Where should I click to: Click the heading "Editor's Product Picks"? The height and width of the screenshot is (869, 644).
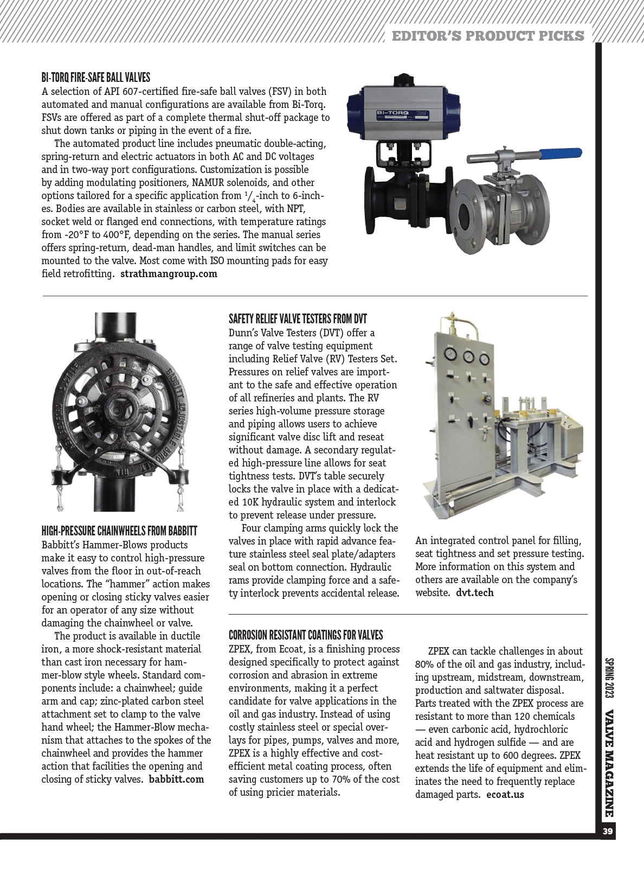coord(488,36)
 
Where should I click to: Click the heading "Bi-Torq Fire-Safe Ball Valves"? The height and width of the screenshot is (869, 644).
coord(95,78)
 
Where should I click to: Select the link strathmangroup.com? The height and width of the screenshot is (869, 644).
coord(169,274)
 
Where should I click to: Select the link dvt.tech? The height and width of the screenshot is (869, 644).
coord(474,593)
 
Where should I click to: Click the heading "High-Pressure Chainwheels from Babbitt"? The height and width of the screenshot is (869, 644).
coord(119,531)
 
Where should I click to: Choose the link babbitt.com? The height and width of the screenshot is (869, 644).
coord(176,779)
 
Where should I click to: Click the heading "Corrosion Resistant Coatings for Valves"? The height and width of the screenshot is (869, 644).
coord(306,635)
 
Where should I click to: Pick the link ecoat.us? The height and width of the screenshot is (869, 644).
coord(505,795)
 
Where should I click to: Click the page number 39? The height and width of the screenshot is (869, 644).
coord(607,832)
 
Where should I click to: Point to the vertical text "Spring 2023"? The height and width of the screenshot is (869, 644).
coord(609,678)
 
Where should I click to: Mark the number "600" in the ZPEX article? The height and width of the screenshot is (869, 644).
coord(518,756)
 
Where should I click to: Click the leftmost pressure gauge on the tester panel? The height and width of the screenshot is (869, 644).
coord(450,355)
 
